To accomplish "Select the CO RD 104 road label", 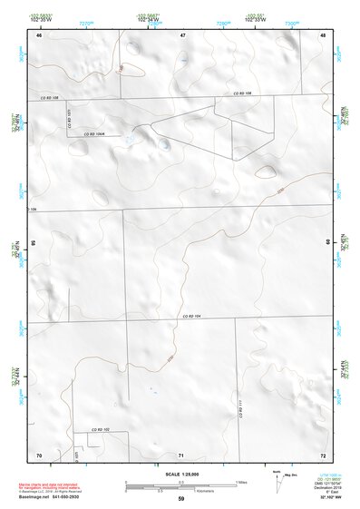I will [x=190, y=316].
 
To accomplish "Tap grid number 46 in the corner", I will [x=39, y=35].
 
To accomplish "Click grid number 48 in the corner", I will [x=323, y=35].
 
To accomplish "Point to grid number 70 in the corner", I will [x=39, y=454].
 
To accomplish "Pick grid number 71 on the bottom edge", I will [x=181, y=454].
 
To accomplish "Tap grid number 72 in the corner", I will [x=323, y=454].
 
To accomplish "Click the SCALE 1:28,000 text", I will [x=180, y=474].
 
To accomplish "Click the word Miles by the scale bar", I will [x=240, y=481].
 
